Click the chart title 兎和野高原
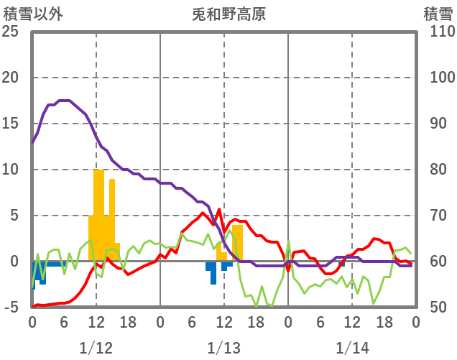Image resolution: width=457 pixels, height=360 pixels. click(229, 14)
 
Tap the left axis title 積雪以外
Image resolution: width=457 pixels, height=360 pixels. click(29, 14)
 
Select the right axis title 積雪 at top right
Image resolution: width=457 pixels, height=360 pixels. click(437, 14)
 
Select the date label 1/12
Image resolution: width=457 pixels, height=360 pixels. click(96, 349)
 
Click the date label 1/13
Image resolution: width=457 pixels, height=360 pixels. click(223, 349)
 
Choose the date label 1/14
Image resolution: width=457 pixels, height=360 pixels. click(351, 349)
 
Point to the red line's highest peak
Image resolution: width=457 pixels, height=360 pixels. click(218, 209)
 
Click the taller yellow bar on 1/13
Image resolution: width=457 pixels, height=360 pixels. click(237, 243)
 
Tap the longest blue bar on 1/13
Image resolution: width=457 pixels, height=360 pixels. click(213, 273)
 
